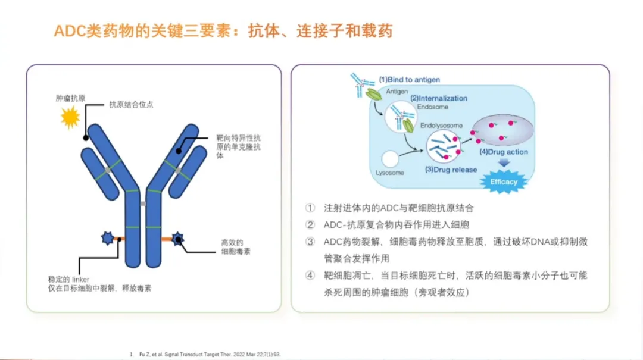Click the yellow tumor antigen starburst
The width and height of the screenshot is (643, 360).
click(70, 118)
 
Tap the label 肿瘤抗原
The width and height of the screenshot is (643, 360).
click(69, 98)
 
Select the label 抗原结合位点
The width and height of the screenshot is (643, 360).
click(130, 104)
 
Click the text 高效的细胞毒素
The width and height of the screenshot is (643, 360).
click(236, 247)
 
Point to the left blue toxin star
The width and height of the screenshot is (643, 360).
click(108, 239)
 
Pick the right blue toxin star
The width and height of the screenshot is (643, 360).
click(177, 239)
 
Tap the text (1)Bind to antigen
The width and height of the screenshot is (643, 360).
click(410, 79)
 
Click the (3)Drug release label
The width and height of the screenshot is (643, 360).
click(451, 170)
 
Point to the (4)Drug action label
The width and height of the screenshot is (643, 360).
click(504, 152)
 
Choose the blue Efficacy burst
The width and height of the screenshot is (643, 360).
click(504, 181)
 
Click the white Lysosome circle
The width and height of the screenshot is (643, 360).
click(390, 159)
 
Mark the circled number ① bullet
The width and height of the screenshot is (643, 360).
click(310, 208)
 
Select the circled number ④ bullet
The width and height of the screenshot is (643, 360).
click(310, 276)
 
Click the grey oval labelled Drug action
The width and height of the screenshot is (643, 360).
click(503, 133)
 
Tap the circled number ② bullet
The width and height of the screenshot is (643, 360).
click(310, 225)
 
